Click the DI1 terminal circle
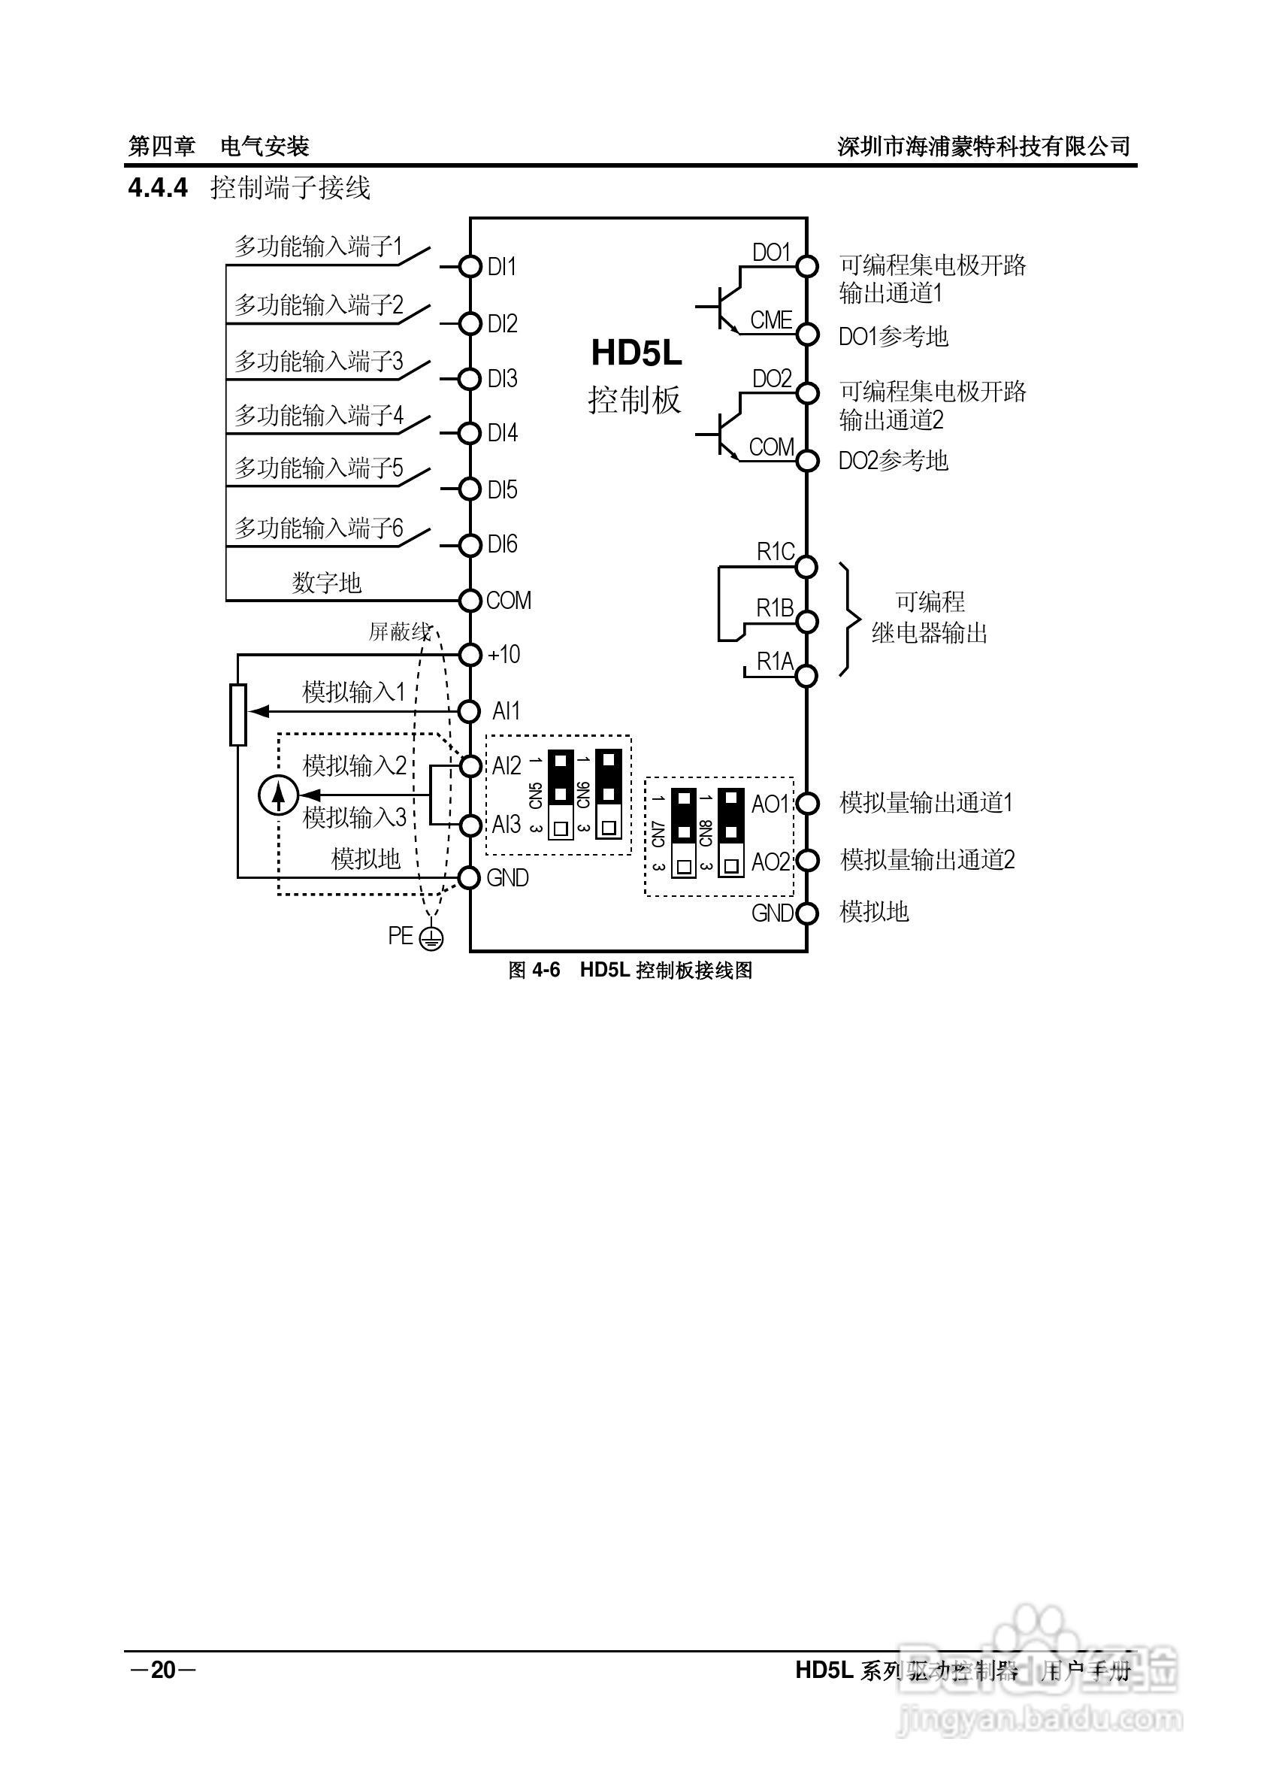(x=470, y=267)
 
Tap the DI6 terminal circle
(x=470, y=544)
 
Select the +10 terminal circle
(x=470, y=655)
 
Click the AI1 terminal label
(x=506, y=711)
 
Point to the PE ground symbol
(x=430, y=938)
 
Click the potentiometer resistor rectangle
(x=238, y=714)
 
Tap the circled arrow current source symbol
(x=277, y=795)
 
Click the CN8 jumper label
(x=706, y=833)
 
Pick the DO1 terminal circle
(x=807, y=267)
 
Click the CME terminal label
(x=771, y=320)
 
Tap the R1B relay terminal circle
(x=807, y=622)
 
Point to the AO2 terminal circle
(x=807, y=861)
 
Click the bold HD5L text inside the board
(x=636, y=353)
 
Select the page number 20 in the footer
(x=164, y=1670)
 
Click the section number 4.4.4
(x=159, y=188)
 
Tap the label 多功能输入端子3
(x=319, y=361)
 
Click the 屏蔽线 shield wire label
(x=400, y=631)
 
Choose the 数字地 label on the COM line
(x=327, y=583)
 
